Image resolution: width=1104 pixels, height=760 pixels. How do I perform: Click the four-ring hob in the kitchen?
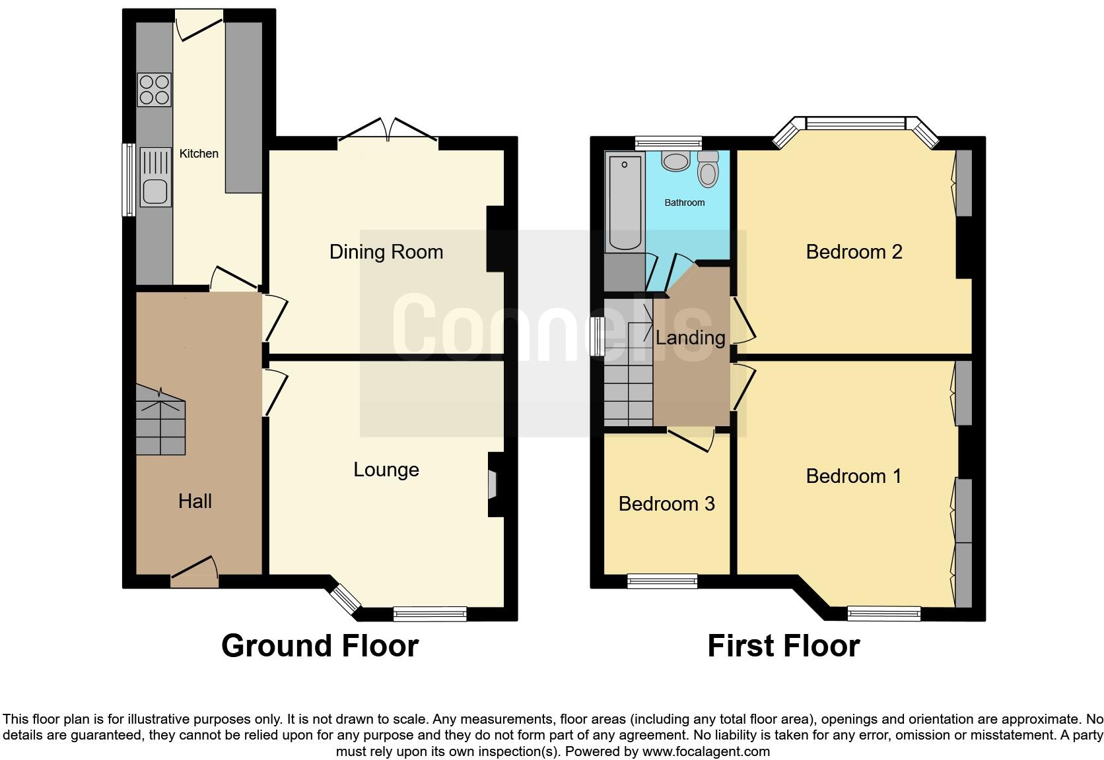tap(155, 90)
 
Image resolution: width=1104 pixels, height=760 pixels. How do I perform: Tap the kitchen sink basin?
tap(155, 191)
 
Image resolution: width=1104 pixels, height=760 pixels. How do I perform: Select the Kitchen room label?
tap(199, 154)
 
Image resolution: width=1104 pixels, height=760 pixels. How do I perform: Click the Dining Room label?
tap(386, 252)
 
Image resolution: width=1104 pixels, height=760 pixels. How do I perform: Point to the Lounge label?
tap(386, 470)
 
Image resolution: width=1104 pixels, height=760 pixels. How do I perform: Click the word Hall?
tap(195, 501)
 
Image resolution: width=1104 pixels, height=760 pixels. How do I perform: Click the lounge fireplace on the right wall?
tap(493, 485)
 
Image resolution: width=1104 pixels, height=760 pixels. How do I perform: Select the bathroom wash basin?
tap(675, 161)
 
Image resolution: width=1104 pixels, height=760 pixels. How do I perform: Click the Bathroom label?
tap(684, 203)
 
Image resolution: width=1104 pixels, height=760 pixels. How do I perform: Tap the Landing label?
tap(690, 338)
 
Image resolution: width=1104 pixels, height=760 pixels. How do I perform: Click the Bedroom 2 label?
tap(854, 252)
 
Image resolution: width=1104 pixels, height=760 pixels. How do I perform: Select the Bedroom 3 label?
tap(666, 504)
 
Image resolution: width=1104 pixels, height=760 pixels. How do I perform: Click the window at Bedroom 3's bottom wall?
tap(662, 581)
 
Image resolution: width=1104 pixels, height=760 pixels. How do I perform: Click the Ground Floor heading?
tap(320, 646)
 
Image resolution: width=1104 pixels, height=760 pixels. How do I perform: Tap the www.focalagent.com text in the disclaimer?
tap(705, 751)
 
